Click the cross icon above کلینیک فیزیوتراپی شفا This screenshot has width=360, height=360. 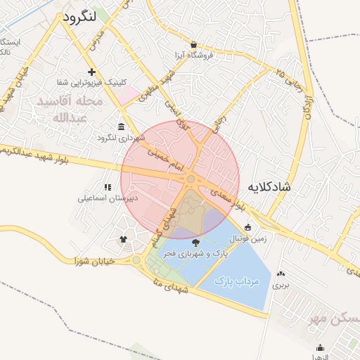tap(91, 72)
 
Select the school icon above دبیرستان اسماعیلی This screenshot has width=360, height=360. tap(108, 187)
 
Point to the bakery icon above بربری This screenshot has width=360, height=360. tap(281, 274)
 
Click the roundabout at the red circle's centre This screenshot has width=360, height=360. tap(191, 180)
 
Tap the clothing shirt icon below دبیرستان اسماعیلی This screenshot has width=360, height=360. tap(124, 239)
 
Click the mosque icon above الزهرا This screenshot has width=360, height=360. tap(321, 347)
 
